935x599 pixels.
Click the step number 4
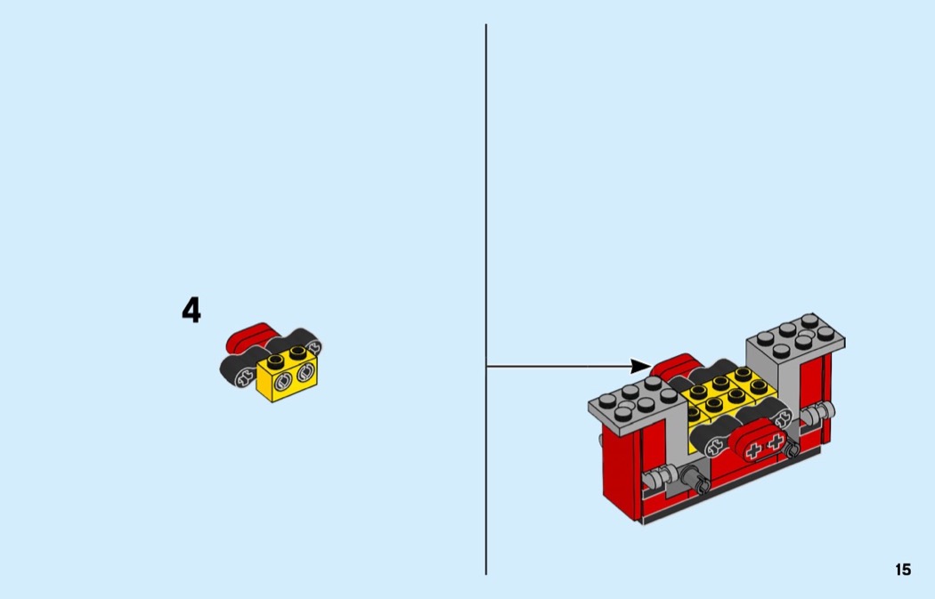(x=191, y=311)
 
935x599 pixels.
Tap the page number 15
(x=903, y=570)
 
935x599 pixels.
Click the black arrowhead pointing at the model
(x=641, y=366)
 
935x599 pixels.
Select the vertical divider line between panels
(x=486, y=299)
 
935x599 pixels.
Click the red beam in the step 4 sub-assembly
(x=249, y=336)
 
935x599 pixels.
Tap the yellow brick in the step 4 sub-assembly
(x=287, y=375)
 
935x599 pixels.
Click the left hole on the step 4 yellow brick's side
(x=282, y=382)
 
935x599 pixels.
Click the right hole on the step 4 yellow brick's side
(x=306, y=374)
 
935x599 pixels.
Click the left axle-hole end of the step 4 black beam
(x=244, y=376)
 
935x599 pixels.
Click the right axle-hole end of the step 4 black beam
(x=314, y=346)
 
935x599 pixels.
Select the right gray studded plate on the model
(x=795, y=337)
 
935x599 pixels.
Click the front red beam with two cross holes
(x=761, y=440)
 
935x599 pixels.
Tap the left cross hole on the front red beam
(x=753, y=450)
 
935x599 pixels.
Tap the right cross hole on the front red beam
(x=775, y=442)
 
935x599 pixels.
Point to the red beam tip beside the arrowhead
(x=674, y=365)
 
